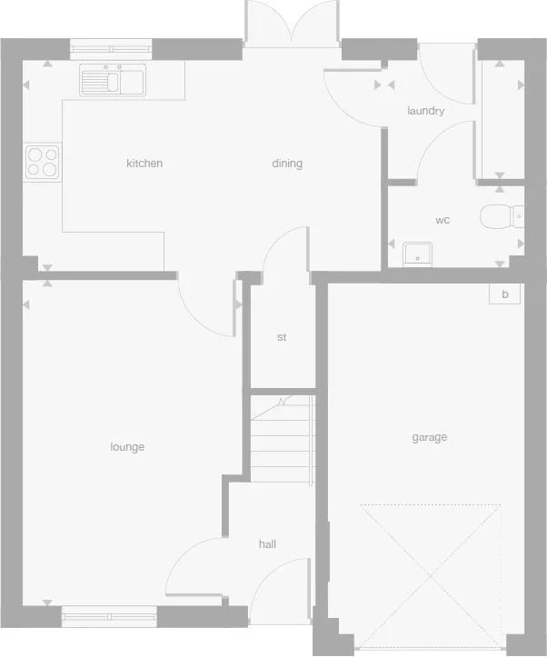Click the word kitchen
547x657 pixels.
(x=144, y=164)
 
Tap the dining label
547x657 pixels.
(x=287, y=164)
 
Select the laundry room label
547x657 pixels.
(x=425, y=111)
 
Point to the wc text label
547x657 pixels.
(x=443, y=220)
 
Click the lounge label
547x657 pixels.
(x=127, y=447)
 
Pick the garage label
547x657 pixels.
(x=429, y=437)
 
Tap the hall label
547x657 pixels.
(x=267, y=544)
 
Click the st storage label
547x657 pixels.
(x=282, y=337)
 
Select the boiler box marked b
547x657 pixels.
(x=504, y=294)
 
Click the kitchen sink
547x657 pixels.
(x=113, y=82)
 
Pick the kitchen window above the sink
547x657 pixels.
(x=112, y=51)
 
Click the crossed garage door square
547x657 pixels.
(x=431, y=576)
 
